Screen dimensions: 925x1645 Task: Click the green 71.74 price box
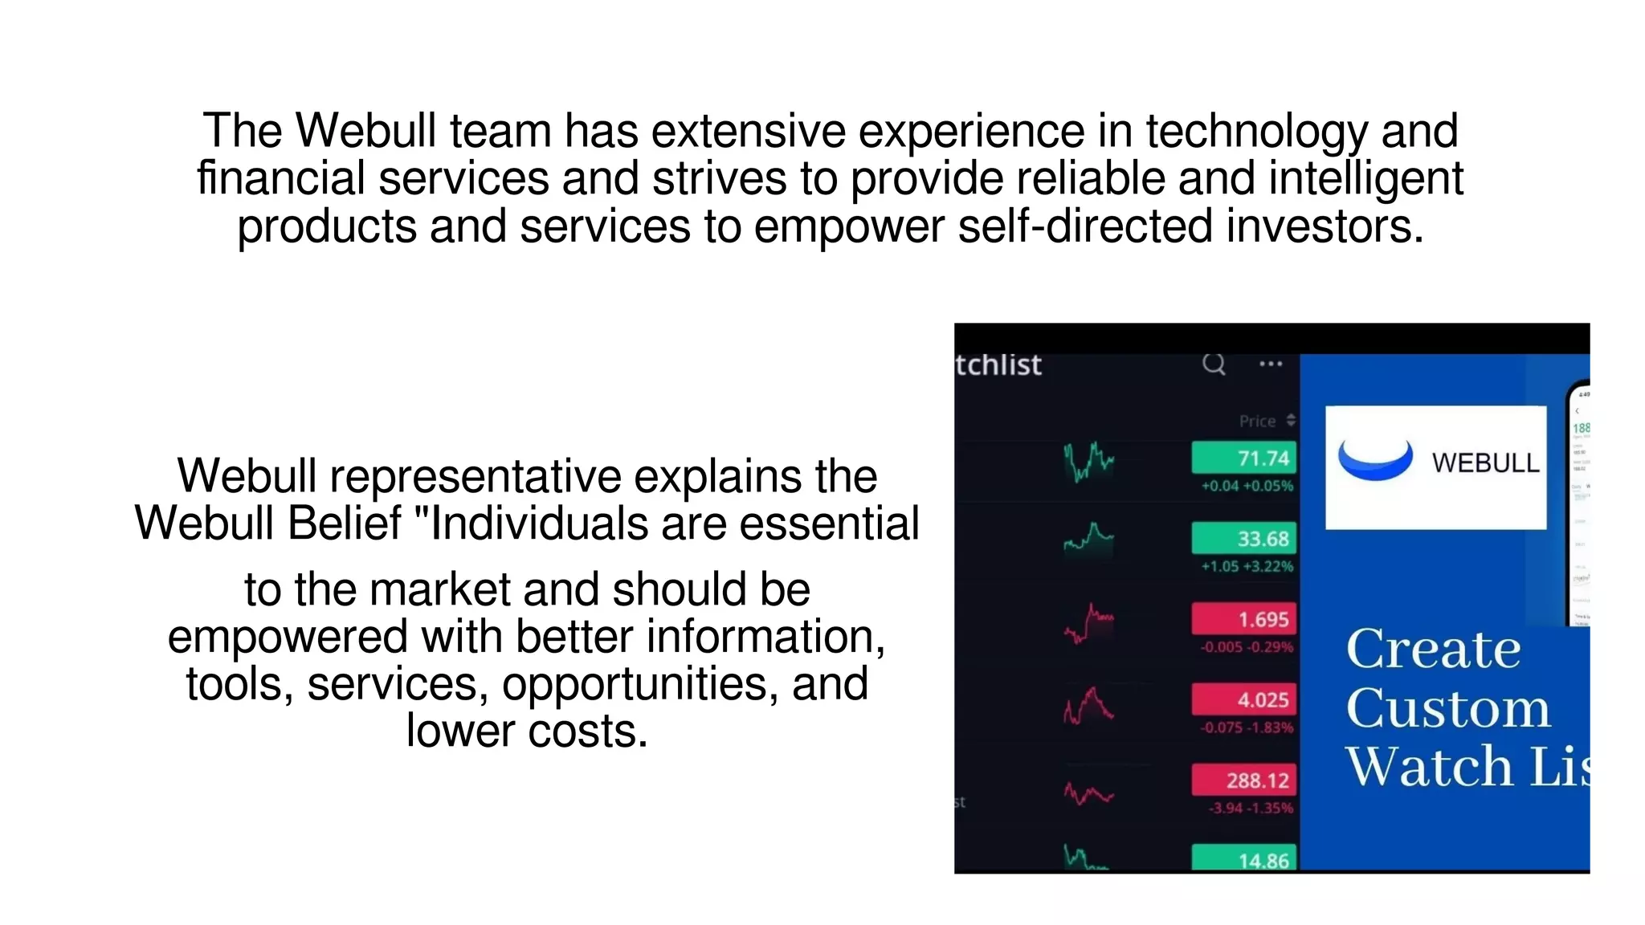pyautogui.click(x=1243, y=458)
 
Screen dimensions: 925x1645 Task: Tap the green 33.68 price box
pyautogui.click(x=1243, y=538)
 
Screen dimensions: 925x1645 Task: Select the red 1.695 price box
pyautogui.click(x=1243, y=618)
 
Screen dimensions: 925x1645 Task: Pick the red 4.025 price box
pyautogui.click(x=1243, y=699)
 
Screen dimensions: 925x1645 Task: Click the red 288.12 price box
pyautogui.click(x=1243, y=780)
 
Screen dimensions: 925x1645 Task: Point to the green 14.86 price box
pyautogui.click(x=1243, y=858)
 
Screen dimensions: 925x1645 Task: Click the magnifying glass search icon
pyautogui.click(x=1214, y=365)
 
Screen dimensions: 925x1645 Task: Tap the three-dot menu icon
pyautogui.click(x=1271, y=364)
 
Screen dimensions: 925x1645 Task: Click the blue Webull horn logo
pyautogui.click(x=1375, y=460)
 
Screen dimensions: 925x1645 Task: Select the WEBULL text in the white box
pyautogui.click(x=1485, y=463)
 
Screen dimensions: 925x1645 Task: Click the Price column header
pyautogui.click(x=1258, y=421)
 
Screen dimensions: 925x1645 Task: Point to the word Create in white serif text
pyautogui.click(x=1434, y=648)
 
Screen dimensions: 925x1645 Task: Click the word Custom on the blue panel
pyautogui.click(x=1448, y=708)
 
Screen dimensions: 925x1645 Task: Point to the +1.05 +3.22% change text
pyautogui.click(x=1247, y=566)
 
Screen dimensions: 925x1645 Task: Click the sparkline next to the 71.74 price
pyautogui.click(x=1089, y=462)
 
